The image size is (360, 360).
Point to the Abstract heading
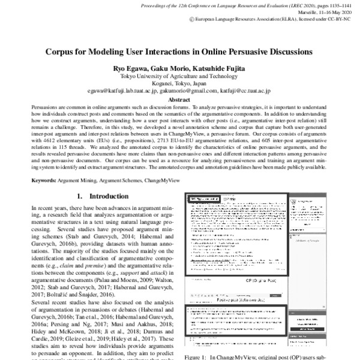click(x=179, y=100)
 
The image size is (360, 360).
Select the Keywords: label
click(x=31, y=180)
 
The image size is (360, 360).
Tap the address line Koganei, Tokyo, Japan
click(x=179, y=85)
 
